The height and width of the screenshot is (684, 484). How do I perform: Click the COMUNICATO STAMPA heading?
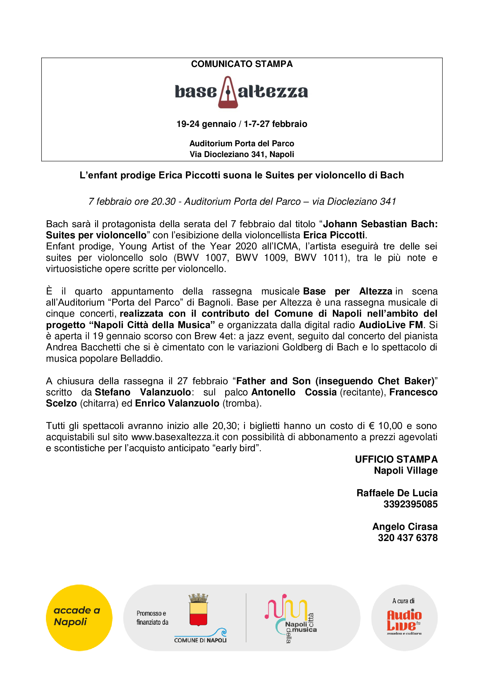click(x=242, y=64)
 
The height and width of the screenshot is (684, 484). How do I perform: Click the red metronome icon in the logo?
click(x=228, y=92)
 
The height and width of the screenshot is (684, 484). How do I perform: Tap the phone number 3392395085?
click(x=410, y=504)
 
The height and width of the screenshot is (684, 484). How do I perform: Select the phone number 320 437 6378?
click(x=407, y=538)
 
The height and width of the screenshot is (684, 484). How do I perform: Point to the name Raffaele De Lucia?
click(x=397, y=493)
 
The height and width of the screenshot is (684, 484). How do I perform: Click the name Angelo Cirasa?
click(x=405, y=527)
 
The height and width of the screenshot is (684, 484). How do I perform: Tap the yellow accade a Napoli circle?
click(x=79, y=618)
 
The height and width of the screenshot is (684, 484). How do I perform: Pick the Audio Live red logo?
click(x=404, y=621)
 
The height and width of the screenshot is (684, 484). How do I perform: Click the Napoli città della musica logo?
click(x=291, y=618)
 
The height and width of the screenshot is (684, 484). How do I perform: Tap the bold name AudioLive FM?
click(x=391, y=325)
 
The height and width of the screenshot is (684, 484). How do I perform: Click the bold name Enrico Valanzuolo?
click(x=177, y=403)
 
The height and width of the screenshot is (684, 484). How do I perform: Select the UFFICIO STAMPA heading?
click(x=396, y=459)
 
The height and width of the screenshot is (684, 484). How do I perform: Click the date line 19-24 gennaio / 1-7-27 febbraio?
click(x=242, y=124)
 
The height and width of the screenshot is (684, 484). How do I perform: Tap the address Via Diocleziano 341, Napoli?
click(x=242, y=154)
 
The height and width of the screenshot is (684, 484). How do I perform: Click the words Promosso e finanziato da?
click(x=152, y=618)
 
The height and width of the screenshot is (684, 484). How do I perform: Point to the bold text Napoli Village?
click(x=406, y=471)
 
